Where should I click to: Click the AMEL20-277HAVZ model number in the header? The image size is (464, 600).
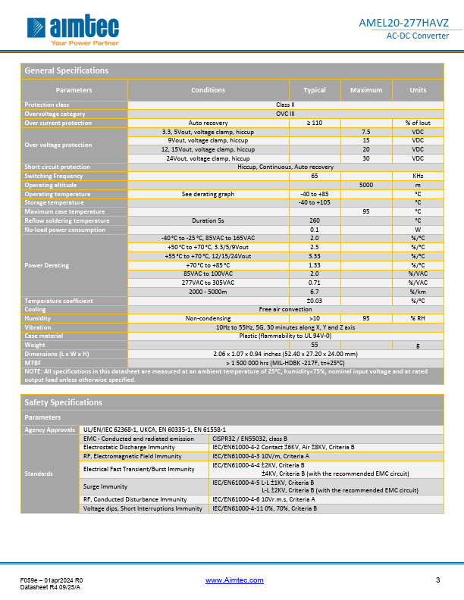click(x=403, y=23)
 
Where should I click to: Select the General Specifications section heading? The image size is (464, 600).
click(x=67, y=70)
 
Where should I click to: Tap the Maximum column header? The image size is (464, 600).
click(x=366, y=90)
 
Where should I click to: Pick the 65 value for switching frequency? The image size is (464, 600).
click(x=314, y=176)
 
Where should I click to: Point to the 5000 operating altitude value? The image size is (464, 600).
click(x=366, y=185)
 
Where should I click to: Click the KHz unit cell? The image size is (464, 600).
click(x=417, y=176)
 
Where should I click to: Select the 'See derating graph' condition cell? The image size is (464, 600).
click(x=208, y=194)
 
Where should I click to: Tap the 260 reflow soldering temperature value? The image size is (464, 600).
click(x=314, y=220)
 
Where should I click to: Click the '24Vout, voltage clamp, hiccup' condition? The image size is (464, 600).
click(x=208, y=158)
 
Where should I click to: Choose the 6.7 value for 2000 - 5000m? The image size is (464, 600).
click(x=314, y=292)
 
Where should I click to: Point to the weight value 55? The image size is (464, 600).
click(x=314, y=345)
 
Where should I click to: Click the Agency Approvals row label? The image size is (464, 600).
click(x=49, y=429)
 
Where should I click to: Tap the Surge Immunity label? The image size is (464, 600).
click(x=104, y=486)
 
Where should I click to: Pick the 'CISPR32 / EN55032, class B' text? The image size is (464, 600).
click(x=247, y=438)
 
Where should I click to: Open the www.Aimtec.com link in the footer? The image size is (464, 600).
click(x=234, y=580)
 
